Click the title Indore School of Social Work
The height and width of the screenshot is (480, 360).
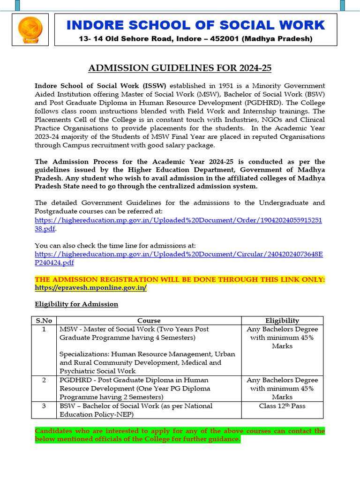pos(195,25)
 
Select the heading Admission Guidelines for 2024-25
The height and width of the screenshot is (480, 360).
pos(180,68)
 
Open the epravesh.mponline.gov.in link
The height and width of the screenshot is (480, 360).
pos(91,288)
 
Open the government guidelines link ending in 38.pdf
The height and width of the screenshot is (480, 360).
pos(178,220)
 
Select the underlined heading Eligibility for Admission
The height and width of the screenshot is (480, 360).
pos(76,304)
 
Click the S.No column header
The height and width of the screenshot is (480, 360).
pos(44,321)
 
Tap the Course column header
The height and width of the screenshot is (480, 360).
pos(149,321)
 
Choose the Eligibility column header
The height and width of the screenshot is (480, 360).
pos(282,321)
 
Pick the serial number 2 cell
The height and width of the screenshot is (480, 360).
pos(44,380)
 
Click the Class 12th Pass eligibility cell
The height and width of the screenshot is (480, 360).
pos(282,406)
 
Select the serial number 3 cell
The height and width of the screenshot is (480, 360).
pos(44,406)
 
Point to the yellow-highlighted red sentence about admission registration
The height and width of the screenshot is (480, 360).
pos(180,280)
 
